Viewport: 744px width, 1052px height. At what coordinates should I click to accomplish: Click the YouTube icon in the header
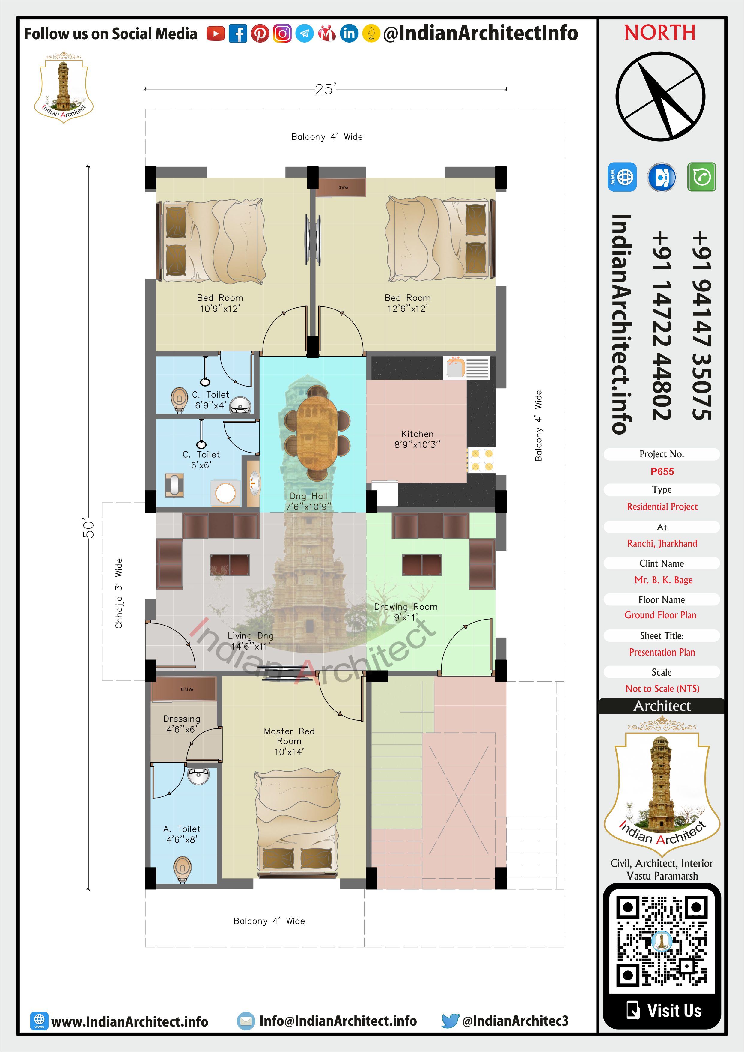tap(215, 34)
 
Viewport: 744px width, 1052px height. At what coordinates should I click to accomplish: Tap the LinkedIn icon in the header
tap(349, 34)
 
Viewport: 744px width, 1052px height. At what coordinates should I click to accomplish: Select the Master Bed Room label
tap(289, 741)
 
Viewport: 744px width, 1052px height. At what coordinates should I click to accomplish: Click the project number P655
tap(662, 471)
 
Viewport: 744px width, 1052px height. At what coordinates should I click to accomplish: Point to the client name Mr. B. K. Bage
tap(663, 580)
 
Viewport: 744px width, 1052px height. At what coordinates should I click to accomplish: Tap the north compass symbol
tap(660, 96)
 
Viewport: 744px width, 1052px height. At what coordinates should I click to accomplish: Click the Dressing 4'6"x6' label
tap(182, 724)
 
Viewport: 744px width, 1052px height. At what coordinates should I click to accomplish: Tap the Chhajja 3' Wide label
tap(119, 593)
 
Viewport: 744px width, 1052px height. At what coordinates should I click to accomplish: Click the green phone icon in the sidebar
tap(701, 176)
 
